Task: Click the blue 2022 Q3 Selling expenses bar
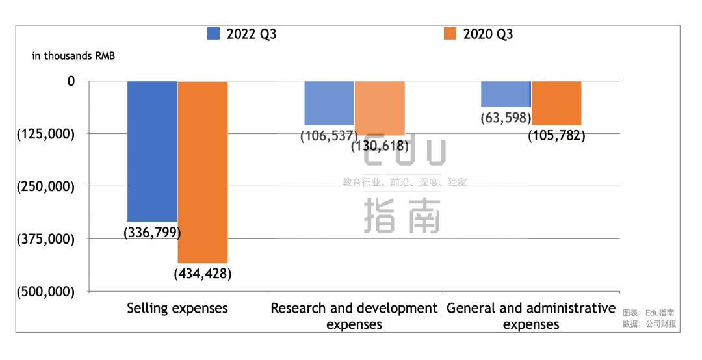[x=152, y=151]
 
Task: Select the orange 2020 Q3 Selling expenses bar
[x=203, y=172]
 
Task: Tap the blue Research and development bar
[x=330, y=103]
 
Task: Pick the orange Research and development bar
[x=380, y=108]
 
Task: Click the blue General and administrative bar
[x=506, y=94]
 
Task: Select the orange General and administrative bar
[x=556, y=103]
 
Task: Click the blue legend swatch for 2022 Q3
[x=213, y=34]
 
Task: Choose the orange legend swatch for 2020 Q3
[x=450, y=34]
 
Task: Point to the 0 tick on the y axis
[x=71, y=81]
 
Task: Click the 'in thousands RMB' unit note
[x=73, y=56]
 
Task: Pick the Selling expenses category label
[x=177, y=308]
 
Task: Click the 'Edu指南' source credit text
[x=660, y=313]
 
